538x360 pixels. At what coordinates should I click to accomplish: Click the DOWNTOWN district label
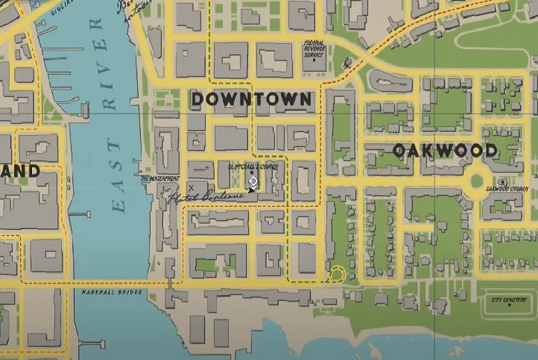coord(252,99)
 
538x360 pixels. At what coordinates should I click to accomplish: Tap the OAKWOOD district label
coord(445,150)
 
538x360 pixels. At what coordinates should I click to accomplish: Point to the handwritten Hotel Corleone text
coord(206,197)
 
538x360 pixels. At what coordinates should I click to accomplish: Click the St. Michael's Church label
coord(252,167)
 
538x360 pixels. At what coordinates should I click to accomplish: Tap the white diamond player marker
coord(253,183)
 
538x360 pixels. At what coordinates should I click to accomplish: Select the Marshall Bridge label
coord(112,292)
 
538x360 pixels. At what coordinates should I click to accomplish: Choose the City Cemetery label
coord(509,299)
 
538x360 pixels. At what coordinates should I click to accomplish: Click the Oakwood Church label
coord(507,188)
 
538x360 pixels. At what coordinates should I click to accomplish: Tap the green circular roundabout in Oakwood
coord(477,181)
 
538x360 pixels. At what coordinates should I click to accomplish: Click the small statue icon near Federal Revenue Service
coord(346,64)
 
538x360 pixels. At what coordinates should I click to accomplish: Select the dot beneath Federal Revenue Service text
coord(314,59)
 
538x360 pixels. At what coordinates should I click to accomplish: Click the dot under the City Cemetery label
coord(509,308)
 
